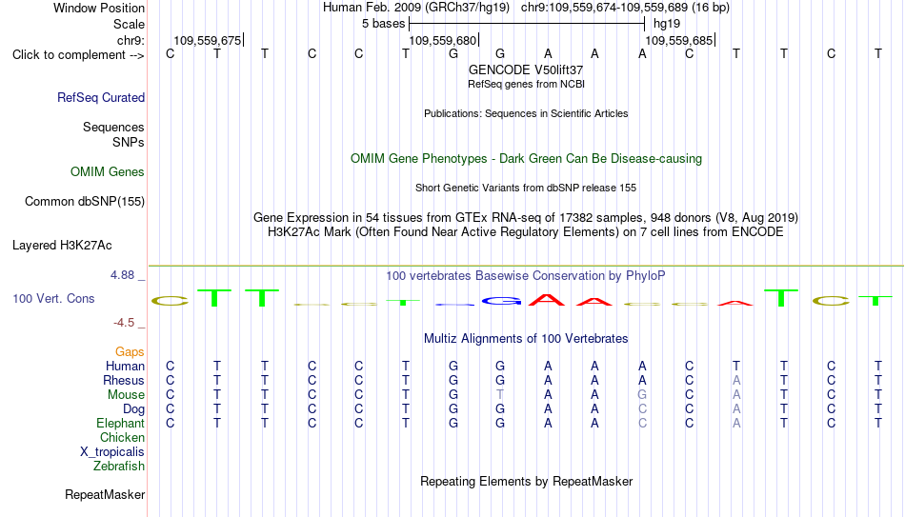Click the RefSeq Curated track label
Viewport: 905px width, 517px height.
[101, 97]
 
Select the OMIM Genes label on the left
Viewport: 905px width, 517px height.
[108, 172]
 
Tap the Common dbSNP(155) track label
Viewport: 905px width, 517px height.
[85, 202]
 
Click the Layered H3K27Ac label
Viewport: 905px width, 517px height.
[62, 246]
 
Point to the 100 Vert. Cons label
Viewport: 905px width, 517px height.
[53, 298]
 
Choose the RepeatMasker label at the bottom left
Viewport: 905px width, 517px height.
[105, 494]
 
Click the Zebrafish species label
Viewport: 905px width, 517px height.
[119, 466]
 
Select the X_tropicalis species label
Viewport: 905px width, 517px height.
[112, 452]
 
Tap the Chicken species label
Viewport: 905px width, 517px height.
[122, 437]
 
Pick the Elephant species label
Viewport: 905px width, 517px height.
[120, 423]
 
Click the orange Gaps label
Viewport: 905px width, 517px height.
[130, 352]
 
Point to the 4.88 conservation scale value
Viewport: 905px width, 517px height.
[122, 275]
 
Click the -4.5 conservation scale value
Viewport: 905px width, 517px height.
[124, 323]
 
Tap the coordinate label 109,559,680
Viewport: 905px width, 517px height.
[443, 40]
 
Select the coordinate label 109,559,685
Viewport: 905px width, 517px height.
[678, 40]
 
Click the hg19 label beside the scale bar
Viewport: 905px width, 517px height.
[667, 24]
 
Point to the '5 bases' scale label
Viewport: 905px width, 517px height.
[383, 24]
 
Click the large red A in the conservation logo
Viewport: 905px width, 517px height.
[547, 300]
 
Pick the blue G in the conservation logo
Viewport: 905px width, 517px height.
[501, 301]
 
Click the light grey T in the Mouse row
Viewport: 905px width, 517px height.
[500, 395]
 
